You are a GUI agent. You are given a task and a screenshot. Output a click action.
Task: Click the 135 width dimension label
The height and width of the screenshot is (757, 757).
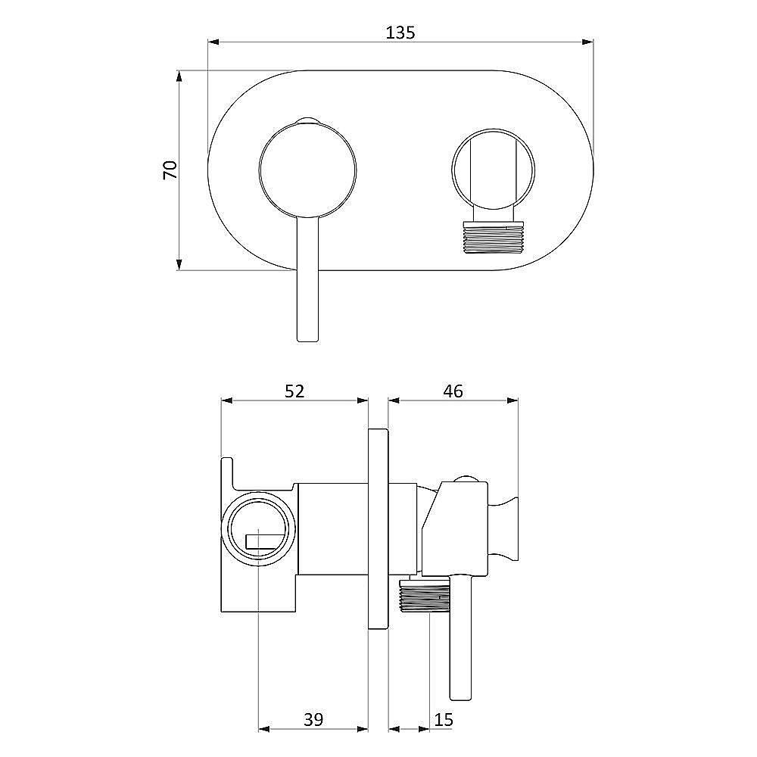(x=400, y=33)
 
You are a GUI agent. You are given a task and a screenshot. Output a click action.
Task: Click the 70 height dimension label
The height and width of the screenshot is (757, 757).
(x=170, y=170)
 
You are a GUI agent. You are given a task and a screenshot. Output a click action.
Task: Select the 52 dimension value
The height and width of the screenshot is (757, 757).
(x=294, y=391)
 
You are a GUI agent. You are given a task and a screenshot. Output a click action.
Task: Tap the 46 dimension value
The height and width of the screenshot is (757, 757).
(x=453, y=391)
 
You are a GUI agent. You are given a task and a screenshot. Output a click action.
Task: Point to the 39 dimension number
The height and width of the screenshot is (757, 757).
(x=313, y=719)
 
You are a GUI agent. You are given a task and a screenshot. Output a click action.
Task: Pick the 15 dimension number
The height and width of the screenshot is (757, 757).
(x=444, y=719)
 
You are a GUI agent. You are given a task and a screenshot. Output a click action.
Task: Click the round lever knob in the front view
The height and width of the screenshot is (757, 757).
(x=307, y=170)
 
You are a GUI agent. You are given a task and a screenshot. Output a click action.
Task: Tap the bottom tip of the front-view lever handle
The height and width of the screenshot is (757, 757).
(x=307, y=341)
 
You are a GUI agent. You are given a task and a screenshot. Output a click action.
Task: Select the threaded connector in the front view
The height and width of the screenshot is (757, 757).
(x=493, y=237)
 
